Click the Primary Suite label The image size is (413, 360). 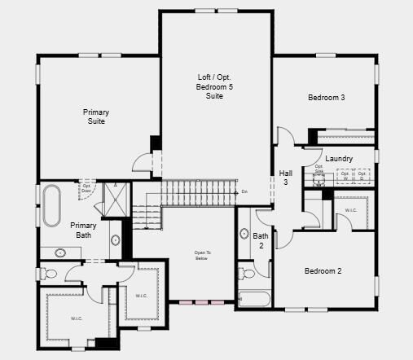point(95,116)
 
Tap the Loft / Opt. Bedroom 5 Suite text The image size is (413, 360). point(214,87)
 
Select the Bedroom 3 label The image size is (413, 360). point(326,98)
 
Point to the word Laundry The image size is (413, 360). point(338,158)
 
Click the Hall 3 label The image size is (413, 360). point(286,178)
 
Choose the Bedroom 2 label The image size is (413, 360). point(323,271)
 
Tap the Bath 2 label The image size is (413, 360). point(261,240)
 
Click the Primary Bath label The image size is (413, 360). point(83,230)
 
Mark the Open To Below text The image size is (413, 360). point(202,256)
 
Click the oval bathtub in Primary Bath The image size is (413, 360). point(51,206)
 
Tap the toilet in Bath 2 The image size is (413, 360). point(243,271)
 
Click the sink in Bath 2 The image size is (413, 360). point(244,235)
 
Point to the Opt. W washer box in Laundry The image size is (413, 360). point(345,174)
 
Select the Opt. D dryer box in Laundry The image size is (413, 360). point(362,174)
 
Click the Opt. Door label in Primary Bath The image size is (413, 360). point(86,188)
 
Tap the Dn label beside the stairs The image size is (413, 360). point(244,192)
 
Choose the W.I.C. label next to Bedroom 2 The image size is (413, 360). point(351,210)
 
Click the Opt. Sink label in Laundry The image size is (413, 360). point(319,169)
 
